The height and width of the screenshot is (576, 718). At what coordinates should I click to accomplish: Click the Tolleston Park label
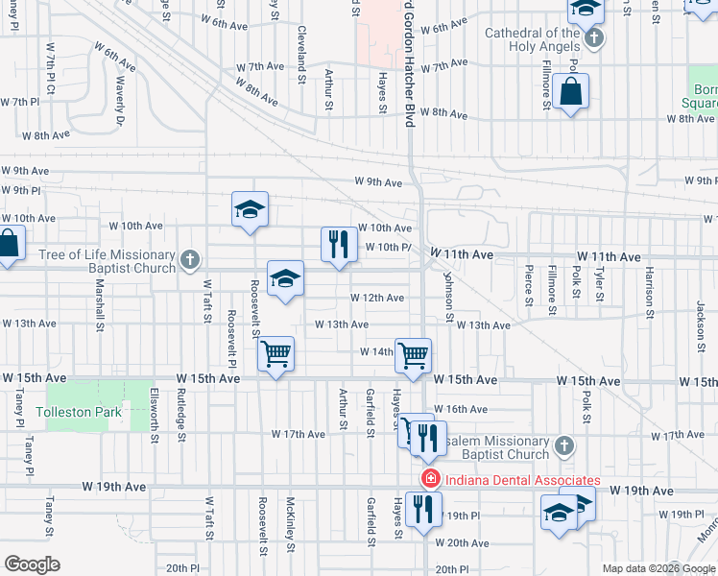pos(79,412)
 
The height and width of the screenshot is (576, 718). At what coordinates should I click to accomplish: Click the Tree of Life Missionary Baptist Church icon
pos(190,259)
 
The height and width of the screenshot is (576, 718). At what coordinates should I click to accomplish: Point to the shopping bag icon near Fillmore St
pos(570,92)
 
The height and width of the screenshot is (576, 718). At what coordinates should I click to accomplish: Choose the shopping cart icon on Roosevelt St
pos(276,354)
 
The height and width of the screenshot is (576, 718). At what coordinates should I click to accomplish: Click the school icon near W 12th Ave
pos(285,278)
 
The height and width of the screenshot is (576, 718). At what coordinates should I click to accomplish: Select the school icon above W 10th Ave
pos(250,210)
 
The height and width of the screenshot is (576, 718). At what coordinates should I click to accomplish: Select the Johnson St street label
pos(447,295)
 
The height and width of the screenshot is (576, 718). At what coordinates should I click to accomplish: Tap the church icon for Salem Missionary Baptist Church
pos(564,445)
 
